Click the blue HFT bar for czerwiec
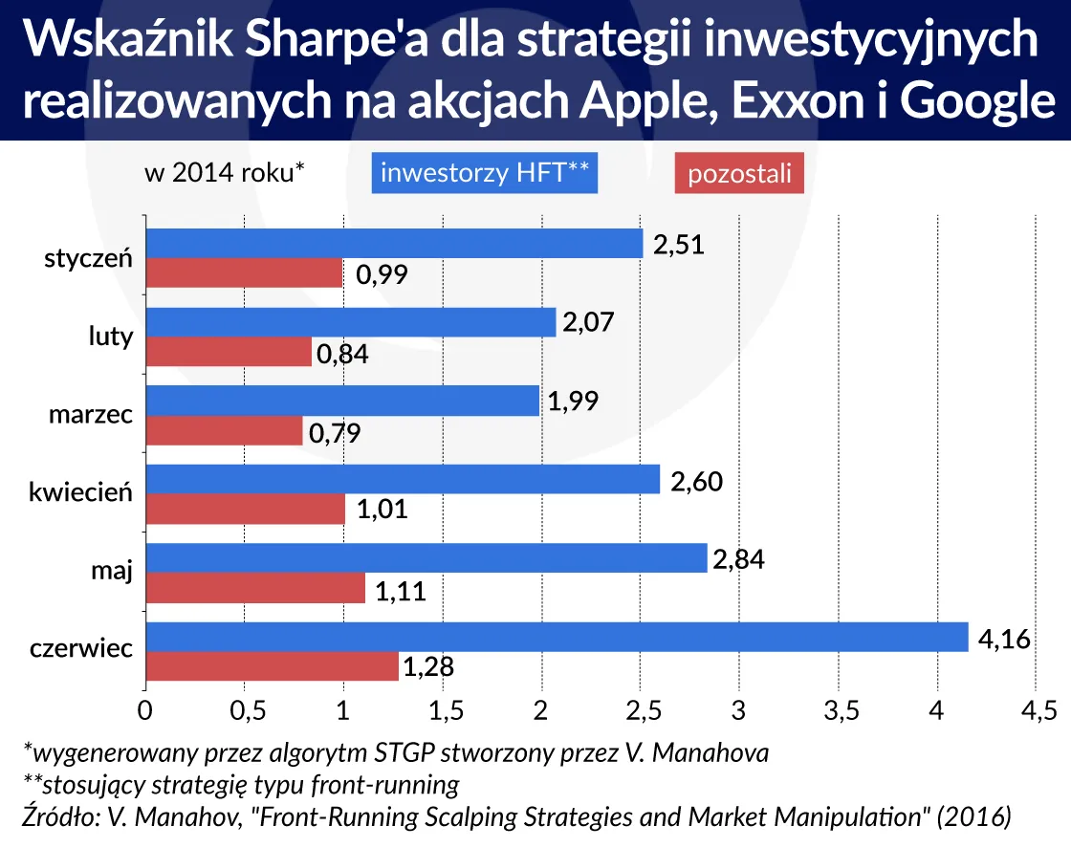(x=557, y=637)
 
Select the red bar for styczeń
(x=244, y=273)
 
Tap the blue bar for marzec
(x=342, y=401)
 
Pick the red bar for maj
(x=255, y=588)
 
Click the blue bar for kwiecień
(x=403, y=479)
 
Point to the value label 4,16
(x=1004, y=638)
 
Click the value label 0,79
(x=334, y=433)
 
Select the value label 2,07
(x=587, y=323)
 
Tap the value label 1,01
(x=382, y=510)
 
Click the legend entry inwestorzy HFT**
(x=484, y=174)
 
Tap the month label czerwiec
(x=81, y=649)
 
